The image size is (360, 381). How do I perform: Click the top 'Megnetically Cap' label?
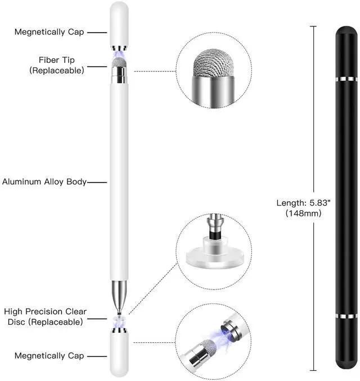(x=49, y=32)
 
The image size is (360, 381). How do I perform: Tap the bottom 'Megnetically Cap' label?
(x=49, y=356)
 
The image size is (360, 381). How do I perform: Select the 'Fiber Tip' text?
(x=56, y=60)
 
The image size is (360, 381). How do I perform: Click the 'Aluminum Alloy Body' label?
(x=44, y=182)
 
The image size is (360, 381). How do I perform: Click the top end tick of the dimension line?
(x=313, y=26)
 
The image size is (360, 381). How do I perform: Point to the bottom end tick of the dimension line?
(x=313, y=371)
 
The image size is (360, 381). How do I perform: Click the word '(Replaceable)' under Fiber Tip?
(x=56, y=70)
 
